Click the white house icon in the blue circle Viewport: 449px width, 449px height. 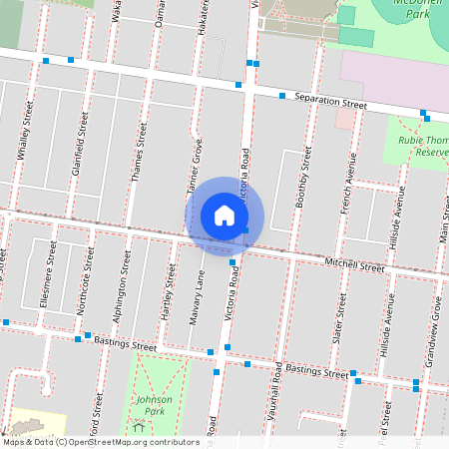224,215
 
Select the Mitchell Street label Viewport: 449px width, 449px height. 354,265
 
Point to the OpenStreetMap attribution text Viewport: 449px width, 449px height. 101,441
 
